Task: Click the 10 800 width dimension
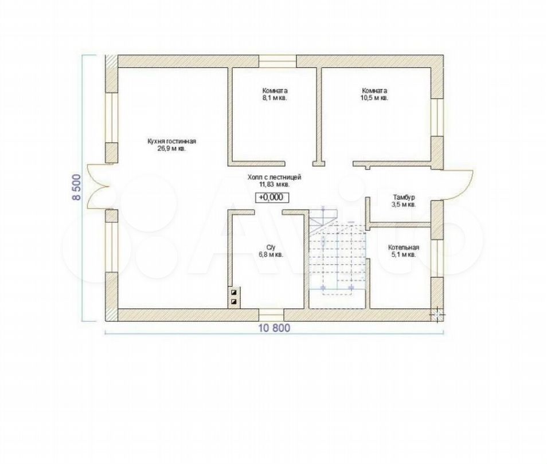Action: [x=274, y=328]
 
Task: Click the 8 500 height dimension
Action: [x=76, y=187]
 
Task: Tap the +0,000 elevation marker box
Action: [x=271, y=197]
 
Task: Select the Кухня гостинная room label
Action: [x=171, y=141]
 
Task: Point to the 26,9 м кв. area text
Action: [x=171, y=148]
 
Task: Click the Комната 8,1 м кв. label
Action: [x=275, y=94]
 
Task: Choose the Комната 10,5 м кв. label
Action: [x=374, y=94]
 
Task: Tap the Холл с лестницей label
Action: [x=274, y=178]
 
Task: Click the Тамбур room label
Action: [x=404, y=197]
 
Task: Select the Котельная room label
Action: [x=404, y=247]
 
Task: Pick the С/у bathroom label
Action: [x=271, y=247]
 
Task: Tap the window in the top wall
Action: [x=278, y=61]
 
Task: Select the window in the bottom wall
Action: [x=271, y=315]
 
